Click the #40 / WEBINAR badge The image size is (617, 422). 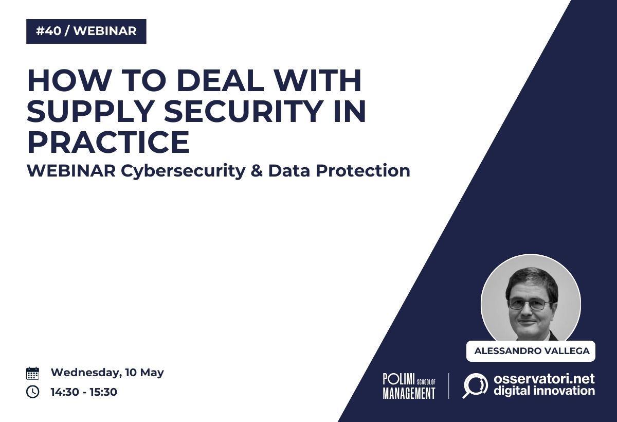point(86,31)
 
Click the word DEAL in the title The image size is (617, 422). point(220,80)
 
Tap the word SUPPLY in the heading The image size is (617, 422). point(90,111)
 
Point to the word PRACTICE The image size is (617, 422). point(108,142)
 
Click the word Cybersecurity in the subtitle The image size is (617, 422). point(183,171)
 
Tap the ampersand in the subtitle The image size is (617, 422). point(257,171)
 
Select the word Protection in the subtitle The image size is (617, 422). point(363,171)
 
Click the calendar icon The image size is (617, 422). point(32,373)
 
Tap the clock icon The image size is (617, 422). point(32,392)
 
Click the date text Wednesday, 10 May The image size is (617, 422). point(107,373)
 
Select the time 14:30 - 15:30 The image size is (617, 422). point(84,392)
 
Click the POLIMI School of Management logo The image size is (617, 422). point(409,386)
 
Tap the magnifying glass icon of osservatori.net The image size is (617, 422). point(475,385)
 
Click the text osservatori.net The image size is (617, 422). point(545,379)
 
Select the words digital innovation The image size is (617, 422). point(545,391)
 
